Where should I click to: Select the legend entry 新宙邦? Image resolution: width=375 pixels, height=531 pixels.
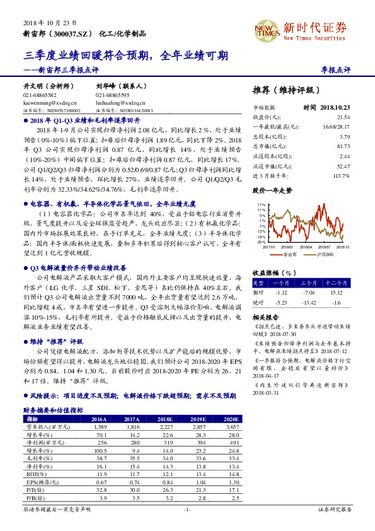[x=291, y=254]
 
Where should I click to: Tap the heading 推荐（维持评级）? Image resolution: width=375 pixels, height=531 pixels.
[x=282, y=90]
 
